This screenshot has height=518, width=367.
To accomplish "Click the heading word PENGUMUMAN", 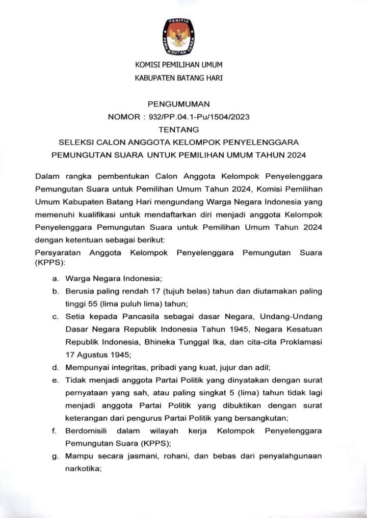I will (178, 103).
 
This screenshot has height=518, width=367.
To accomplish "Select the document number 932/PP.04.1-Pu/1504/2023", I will (199, 117).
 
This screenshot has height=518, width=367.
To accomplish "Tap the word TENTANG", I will (178, 130).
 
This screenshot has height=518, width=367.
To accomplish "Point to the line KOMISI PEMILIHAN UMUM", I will (178, 65).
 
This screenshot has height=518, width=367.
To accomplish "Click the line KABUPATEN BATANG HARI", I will (178, 78).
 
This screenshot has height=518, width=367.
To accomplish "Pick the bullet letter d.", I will (55, 367).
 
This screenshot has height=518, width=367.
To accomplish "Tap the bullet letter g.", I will (55, 456).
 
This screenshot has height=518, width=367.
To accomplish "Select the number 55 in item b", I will (92, 304).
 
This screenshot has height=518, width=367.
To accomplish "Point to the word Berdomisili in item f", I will (87, 431).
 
